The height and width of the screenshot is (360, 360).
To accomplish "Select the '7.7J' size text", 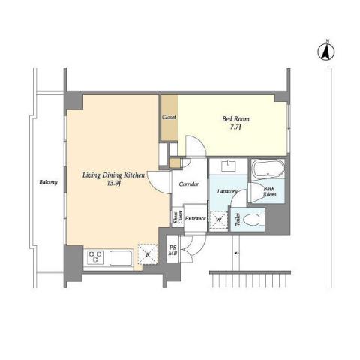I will point(233,129).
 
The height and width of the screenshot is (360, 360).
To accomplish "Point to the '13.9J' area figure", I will point(113,184).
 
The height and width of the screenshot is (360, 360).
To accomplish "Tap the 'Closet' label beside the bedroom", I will point(169,118).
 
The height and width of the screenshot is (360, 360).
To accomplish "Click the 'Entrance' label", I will point(195,218).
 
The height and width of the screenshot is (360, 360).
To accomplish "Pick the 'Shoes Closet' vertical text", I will point(177,217).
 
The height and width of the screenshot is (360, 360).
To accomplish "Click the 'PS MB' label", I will point(172,251).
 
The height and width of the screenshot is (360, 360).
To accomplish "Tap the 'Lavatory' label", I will point(227,192).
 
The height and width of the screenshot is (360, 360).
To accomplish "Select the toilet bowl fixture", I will point(253,220).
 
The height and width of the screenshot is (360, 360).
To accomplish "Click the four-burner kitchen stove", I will point(95,257).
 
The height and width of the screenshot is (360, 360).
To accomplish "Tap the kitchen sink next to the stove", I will point(121,258).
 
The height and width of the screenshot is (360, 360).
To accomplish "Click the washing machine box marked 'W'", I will point(218,220).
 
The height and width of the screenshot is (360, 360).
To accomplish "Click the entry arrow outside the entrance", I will point(237,256).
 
